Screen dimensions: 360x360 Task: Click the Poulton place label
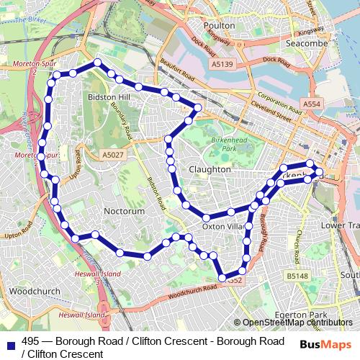click(219, 25)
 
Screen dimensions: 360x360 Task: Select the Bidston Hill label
click(107, 96)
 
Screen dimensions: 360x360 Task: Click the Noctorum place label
click(125, 211)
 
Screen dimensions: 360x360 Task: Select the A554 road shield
click(312, 104)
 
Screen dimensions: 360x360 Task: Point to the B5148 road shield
click(296, 276)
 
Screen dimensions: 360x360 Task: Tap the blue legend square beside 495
click(10, 342)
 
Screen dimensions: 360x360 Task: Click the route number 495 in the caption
click(31, 341)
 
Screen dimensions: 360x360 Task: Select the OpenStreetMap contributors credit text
click(297, 323)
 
